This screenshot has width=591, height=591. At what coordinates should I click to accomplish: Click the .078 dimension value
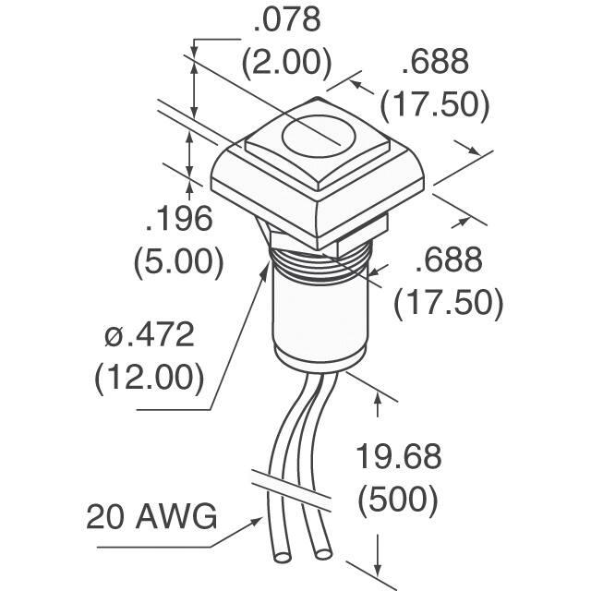click(287, 19)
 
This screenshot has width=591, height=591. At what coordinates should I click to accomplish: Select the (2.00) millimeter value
click(287, 62)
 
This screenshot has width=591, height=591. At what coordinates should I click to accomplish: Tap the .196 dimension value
click(179, 219)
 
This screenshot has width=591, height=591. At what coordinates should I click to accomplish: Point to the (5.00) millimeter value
click(179, 261)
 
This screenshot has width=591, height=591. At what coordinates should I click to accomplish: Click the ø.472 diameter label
click(150, 334)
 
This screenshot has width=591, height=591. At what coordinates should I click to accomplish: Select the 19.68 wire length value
click(398, 456)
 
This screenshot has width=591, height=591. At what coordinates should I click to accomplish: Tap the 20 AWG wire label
click(151, 516)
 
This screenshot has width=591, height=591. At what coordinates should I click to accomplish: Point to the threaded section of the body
click(320, 264)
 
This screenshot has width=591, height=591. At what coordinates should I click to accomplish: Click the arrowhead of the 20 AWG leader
click(259, 521)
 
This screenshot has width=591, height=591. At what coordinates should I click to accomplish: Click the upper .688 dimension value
click(435, 61)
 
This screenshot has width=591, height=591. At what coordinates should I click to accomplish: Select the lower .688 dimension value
click(449, 259)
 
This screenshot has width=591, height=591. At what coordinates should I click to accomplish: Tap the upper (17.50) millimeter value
click(435, 103)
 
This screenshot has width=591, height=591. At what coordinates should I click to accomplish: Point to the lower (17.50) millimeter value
click(449, 302)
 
